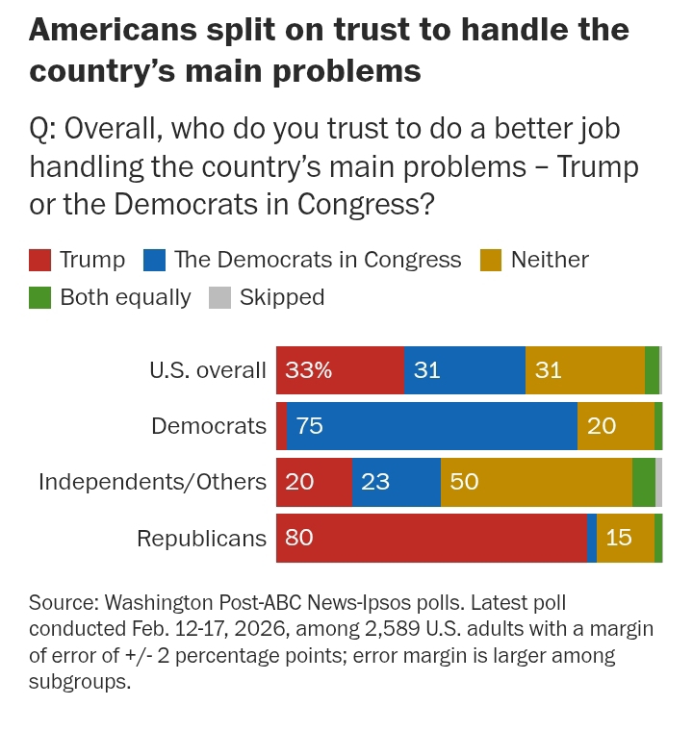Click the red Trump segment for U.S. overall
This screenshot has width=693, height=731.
click(x=340, y=370)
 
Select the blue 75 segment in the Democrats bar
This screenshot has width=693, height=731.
click(x=432, y=426)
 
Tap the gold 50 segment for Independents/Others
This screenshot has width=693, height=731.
click(x=536, y=482)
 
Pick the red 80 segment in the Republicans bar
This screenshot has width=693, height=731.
click(x=431, y=538)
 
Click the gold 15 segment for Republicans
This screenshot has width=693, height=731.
click(x=626, y=538)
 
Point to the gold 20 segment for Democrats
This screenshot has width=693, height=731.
click(x=616, y=426)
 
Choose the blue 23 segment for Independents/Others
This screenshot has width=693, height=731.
click(x=397, y=482)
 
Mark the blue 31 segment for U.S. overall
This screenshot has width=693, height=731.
click(x=465, y=370)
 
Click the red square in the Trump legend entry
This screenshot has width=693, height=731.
click(x=39, y=260)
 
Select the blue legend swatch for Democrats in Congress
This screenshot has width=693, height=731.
click(x=154, y=260)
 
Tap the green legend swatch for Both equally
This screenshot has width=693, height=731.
click(x=39, y=297)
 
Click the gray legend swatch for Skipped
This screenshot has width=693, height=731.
click(x=219, y=297)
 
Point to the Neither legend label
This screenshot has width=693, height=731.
click(x=550, y=260)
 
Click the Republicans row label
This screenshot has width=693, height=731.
click(x=201, y=538)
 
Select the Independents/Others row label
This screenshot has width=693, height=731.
click(x=152, y=482)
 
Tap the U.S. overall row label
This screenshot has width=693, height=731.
click(x=207, y=370)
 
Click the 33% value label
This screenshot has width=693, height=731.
click(x=308, y=370)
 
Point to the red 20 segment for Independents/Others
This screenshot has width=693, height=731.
click(x=314, y=482)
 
